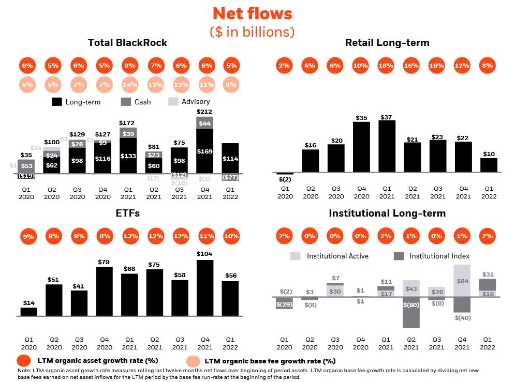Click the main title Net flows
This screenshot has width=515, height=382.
pos(252,13)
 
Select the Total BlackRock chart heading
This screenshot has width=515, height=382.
pos(127,43)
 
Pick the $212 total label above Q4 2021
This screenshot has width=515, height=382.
pos(205,111)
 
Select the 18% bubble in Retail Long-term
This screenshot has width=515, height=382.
pos(387,66)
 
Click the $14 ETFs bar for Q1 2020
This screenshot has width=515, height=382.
pos(28,311)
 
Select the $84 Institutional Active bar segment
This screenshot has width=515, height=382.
pos(463,281)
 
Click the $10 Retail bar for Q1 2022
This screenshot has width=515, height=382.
pos(488,165)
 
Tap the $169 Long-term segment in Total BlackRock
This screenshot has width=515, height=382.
pos(205,151)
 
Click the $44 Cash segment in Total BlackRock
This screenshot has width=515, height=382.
pos(205,123)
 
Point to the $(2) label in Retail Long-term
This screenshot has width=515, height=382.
pos(285,179)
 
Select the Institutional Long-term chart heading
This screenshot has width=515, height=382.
pos(387,213)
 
